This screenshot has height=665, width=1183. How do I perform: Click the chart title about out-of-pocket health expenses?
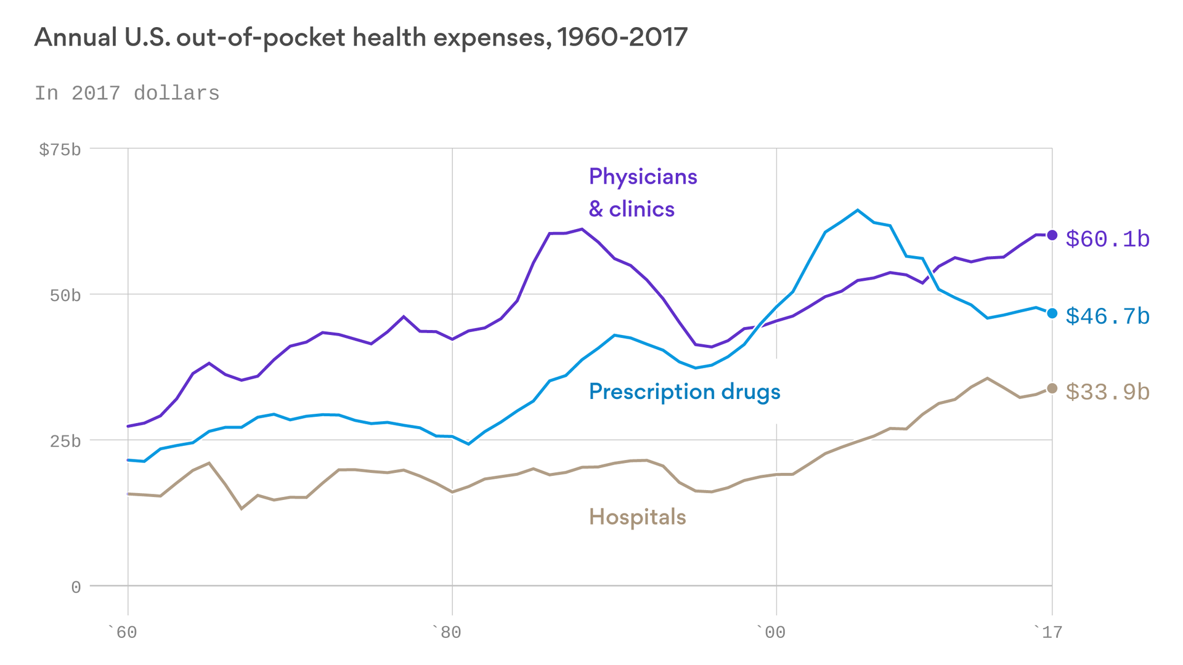pyautogui.click(x=360, y=38)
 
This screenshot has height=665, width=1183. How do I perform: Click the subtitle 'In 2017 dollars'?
pyautogui.click(x=127, y=94)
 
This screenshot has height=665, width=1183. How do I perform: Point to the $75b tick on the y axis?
pyautogui.click(x=60, y=150)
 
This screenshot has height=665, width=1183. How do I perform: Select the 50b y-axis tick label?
pyautogui.click(x=65, y=296)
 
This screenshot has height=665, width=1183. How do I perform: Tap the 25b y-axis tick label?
pyautogui.click(x=65, y=441)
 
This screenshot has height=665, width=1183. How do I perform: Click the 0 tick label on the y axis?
pyautogui.click(x=76, y=587)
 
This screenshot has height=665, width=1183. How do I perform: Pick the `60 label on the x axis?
pyautogui.click(x=123, y=632)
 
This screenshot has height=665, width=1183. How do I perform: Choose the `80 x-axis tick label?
pyautogui.click(x=446, y=632)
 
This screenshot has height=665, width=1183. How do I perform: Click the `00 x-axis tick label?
pyautogui.click(x=771, y=632)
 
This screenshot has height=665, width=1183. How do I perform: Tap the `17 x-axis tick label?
pyautogui.click(x=1048, y=632)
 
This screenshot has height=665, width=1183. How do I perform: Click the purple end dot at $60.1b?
pyautogui.click(x=1052, y=235)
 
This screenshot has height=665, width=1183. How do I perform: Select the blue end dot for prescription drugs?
pyautogui.click(x=1052, y=313)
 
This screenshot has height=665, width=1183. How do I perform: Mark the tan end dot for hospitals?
pyautogui.click(x=1052, y=389)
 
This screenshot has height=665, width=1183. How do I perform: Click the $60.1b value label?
pyautogui.click(x=1107, y=239)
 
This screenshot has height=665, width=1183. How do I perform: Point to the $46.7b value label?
pyautogui.click(x=1107, y=316)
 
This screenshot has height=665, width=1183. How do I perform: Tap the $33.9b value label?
pyautogui.click(x=1107, y=392)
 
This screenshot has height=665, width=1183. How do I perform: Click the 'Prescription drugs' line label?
pyautogui.click(x=684, y=392)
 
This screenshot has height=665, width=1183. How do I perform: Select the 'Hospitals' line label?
pyautogui.click(x=637, y=517)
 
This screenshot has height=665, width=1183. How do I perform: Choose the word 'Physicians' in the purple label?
pyautogui.click(x=643, y=177)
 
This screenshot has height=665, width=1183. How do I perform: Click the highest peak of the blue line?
pyautogui.click(x=858, y=210)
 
